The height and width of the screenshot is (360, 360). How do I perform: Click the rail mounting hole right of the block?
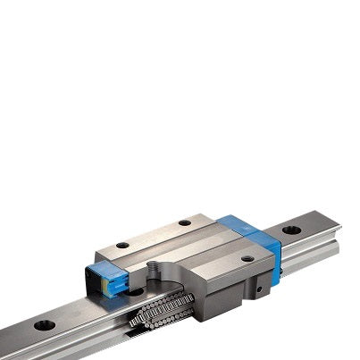[290, 230]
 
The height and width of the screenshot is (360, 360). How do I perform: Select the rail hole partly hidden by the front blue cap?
[134, 290]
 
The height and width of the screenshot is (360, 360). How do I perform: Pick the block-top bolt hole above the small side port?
[247, 259]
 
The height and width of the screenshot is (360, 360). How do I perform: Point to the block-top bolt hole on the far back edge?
[184, 222]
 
